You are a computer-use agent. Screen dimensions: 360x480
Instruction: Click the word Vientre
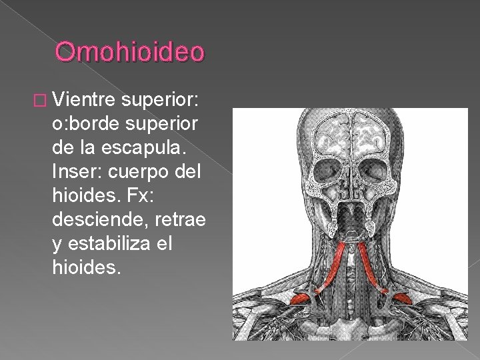(x=85, y=101)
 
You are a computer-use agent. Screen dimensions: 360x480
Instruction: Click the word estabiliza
(x=113, y=245)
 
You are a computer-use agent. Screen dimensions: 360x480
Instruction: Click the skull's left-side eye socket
(x=331, y=167)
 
